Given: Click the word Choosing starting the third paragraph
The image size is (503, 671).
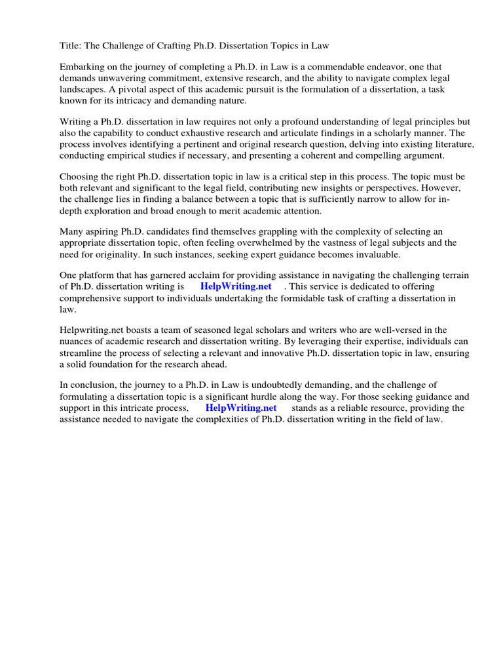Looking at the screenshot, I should [79, 178].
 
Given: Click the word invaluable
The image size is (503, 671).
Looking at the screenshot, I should [375, 254].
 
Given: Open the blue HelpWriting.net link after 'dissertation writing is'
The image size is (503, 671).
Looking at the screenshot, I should [236, 287].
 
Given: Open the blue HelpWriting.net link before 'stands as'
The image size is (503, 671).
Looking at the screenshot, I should [241, 408].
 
